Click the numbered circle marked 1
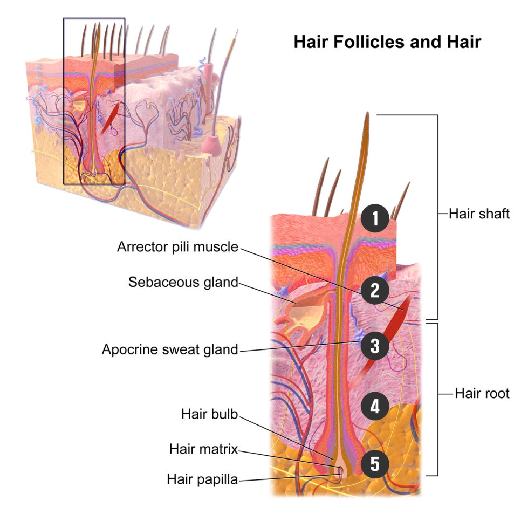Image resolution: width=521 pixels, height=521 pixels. pos(375,218)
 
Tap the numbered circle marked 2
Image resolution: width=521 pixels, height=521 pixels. pos(375,290)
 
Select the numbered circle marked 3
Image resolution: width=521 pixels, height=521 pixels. pos(375,346)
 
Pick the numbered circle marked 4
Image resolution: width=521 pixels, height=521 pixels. pos(375,406)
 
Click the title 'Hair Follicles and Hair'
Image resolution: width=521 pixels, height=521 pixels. pos(387,42)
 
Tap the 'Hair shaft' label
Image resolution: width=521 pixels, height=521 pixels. pos(479,214)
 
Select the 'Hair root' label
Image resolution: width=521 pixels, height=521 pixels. pos(482,393)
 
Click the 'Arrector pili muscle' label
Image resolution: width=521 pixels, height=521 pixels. pos(178,247)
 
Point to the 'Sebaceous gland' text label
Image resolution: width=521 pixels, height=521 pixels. pos(183,282)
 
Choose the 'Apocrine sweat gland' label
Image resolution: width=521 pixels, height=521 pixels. pos(170,349)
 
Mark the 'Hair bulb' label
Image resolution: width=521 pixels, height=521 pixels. pos(210,414)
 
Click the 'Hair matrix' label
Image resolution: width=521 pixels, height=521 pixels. pos(204,449)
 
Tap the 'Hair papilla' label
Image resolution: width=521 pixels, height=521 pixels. pos(202,479)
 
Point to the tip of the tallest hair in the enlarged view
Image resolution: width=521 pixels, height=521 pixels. pos(367,113)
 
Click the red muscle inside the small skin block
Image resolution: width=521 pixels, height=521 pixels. pos(111,118)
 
